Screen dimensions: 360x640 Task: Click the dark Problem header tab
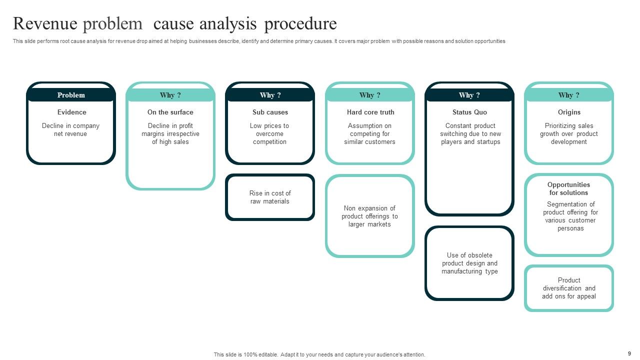[71, 95]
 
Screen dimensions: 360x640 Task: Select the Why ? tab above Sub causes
[270, 95]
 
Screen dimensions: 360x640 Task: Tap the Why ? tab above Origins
[569, 95]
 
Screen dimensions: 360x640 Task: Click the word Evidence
[71, 112]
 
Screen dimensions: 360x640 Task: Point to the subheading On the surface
[170, 112]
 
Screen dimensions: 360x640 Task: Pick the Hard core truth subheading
[370, 112]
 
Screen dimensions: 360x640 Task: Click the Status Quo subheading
[469, 112]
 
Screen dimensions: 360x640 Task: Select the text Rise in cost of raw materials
[270, 197]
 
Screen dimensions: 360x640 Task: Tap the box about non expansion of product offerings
[369, 216]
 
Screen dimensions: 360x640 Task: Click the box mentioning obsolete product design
[469, 263]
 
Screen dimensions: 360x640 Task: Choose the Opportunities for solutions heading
[568, 188]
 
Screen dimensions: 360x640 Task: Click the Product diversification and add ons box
[569, 288]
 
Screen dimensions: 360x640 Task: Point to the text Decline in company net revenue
[70, 129]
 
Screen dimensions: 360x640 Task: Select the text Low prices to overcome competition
[269, 133]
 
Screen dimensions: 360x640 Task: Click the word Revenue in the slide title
[44, 23]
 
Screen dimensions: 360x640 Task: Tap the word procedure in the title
[300, 23]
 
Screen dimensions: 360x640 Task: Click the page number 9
[629, 353]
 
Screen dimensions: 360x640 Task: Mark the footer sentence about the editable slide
[319, 354]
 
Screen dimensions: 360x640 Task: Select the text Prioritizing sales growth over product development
[568, 133]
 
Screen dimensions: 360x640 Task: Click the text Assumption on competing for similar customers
[369, 133]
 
